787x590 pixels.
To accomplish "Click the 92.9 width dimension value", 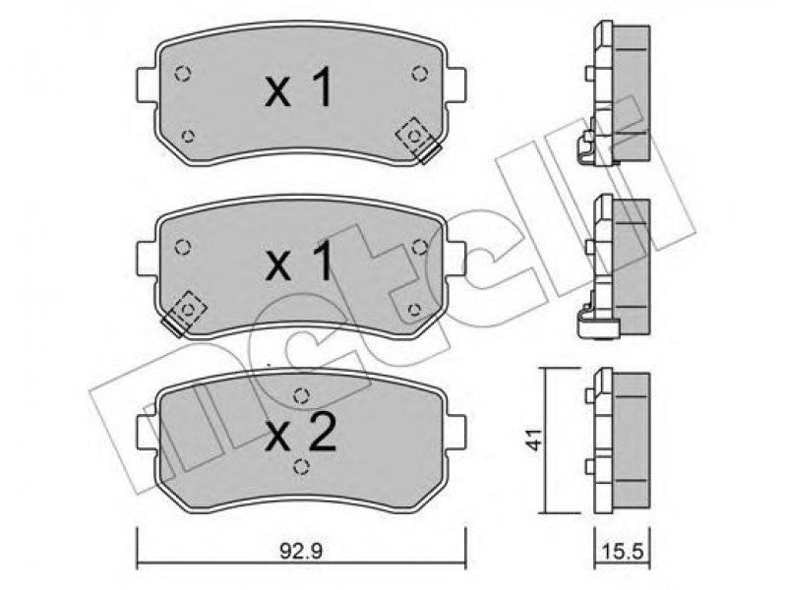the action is click(301, 552).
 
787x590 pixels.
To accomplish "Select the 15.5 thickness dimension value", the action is click(623, 552).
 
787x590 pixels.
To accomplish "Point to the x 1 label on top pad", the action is click(299, 88).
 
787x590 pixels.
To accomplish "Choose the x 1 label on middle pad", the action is click(299, 261).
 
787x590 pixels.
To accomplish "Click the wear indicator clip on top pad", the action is click(419, 140).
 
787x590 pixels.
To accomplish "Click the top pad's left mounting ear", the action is click(146, 86).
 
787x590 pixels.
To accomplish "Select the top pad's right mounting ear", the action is click(455, 86).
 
